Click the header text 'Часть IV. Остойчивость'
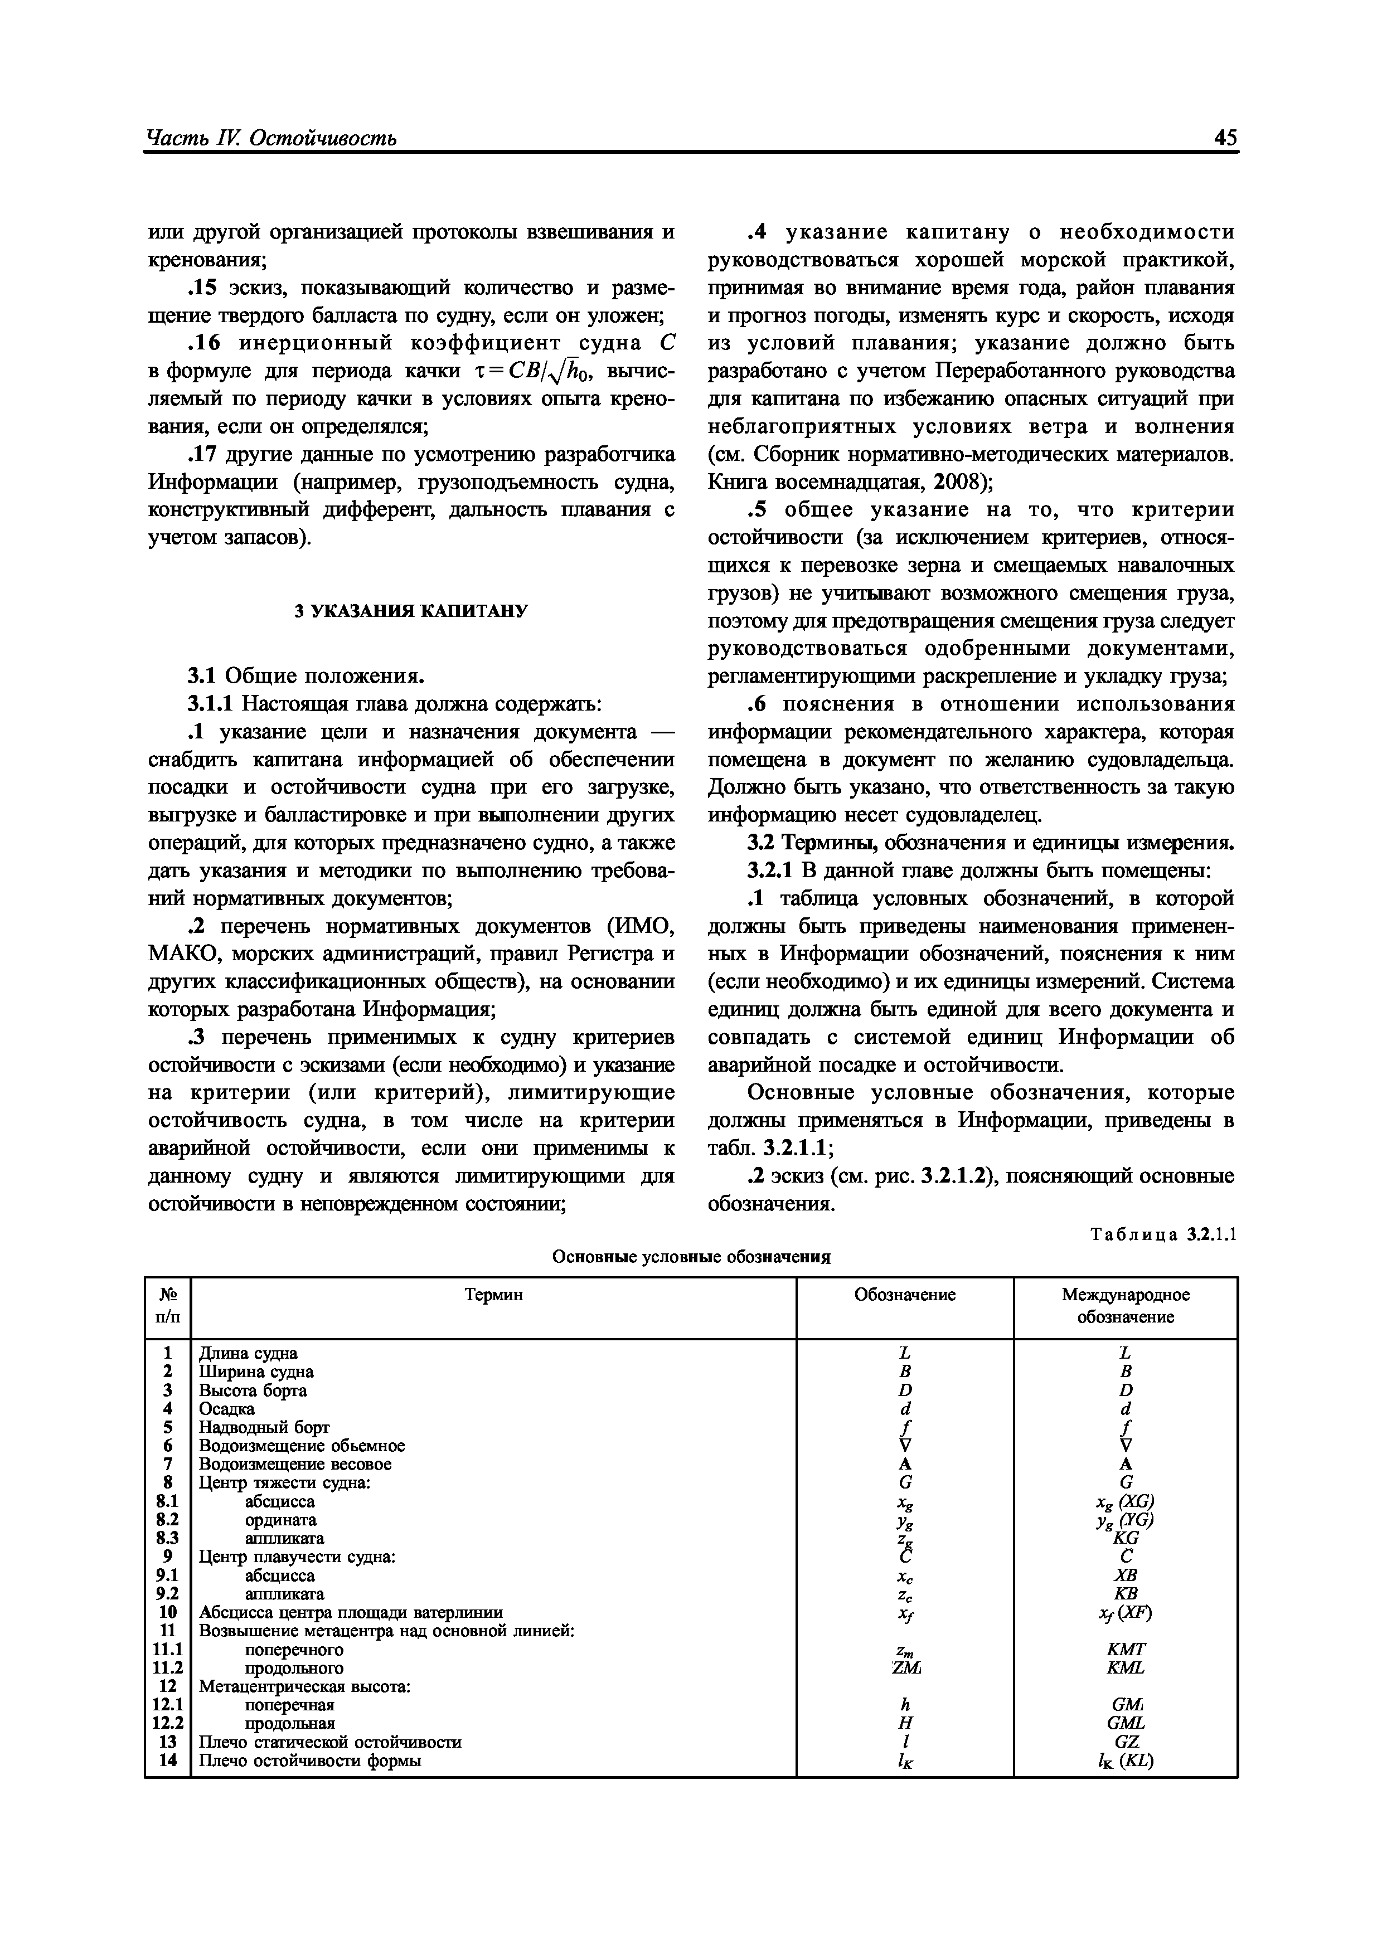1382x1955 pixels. (271, 139)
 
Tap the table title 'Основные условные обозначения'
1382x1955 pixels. (691, 1257)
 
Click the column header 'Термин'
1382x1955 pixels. (494, 1295)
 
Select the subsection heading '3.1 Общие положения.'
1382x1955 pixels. (306, 676)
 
